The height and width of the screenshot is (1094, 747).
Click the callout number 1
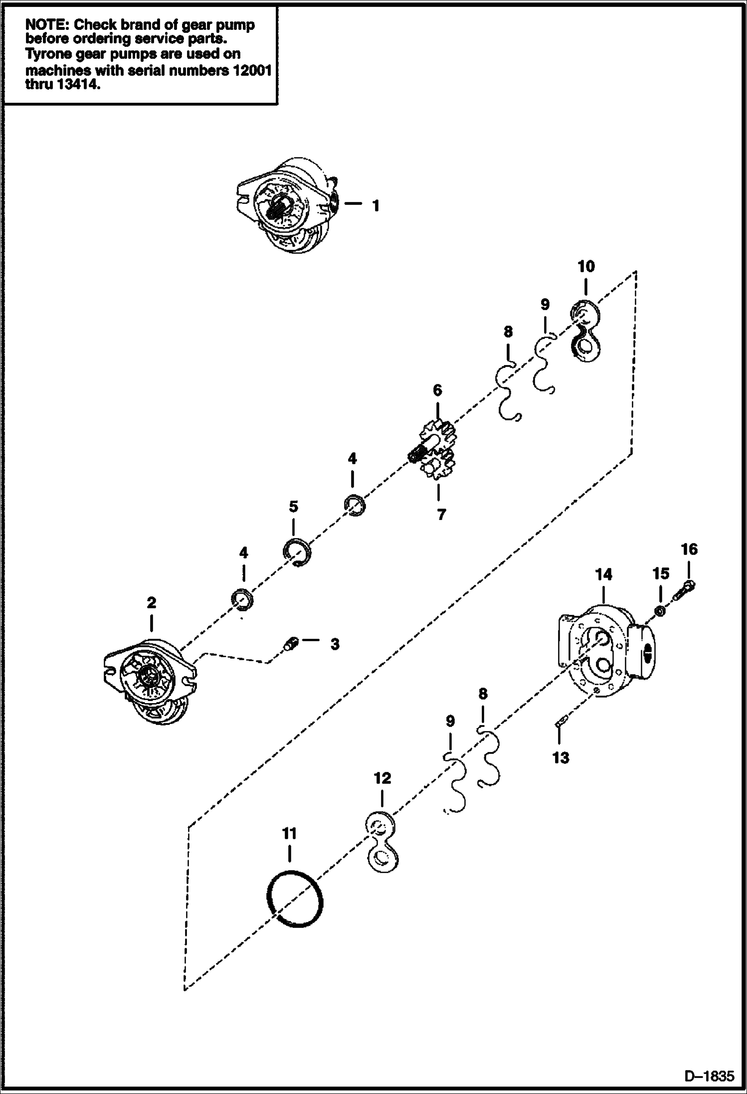(375, 205)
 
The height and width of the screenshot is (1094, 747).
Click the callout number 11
(289, 833)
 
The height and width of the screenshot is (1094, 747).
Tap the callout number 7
(441, 514)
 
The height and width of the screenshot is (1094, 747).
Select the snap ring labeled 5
(297, 553)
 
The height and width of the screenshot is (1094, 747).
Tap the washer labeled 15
(659, 610)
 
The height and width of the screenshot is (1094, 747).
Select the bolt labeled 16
(686, 589)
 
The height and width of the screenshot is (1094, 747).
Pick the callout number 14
(603, 575)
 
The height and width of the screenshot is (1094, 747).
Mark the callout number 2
(151, 602)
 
